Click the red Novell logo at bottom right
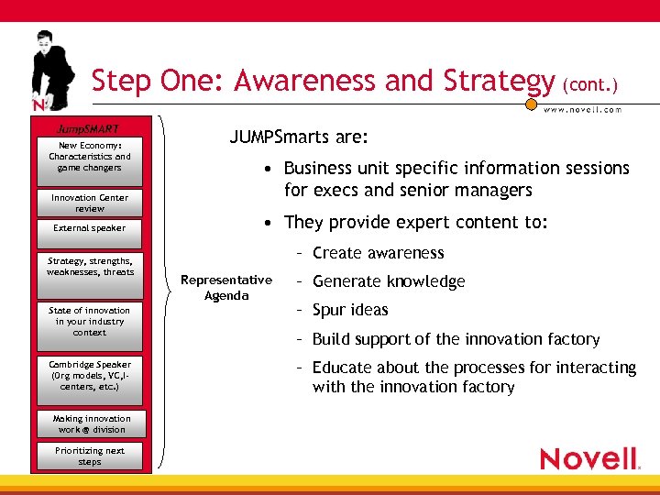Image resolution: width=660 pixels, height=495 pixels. [x=588, y=458]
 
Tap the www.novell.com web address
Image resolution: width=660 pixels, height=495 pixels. [x=582, y=110]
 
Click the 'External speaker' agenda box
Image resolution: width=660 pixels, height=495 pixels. [x=89, y=228]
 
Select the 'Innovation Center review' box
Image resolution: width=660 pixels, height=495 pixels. [x=89, y=203]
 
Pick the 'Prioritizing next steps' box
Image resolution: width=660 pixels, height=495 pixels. [x=89, y=456]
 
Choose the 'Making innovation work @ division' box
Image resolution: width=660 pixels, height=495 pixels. [x=89, y=423]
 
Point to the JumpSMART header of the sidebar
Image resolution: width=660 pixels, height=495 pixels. [x=89, y=128]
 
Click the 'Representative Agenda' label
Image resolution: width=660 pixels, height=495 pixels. [x=226, y=288]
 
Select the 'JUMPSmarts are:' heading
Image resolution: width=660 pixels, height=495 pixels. [x=298, y=137]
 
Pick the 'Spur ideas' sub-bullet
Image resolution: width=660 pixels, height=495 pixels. [x=349, y=310]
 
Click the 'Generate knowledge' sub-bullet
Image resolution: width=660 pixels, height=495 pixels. [x=388, y=281]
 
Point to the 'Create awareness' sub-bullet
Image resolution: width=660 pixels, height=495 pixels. [x=377, y=253]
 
